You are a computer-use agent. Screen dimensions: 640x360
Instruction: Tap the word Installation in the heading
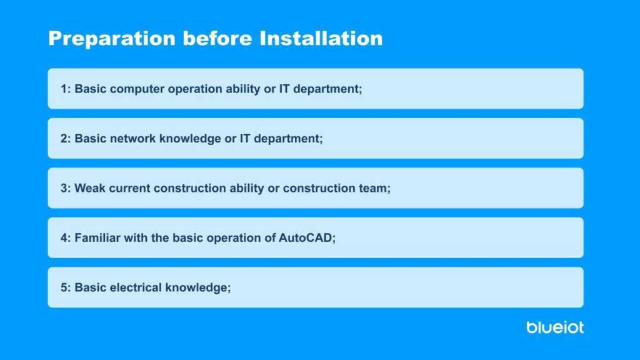[321, 38]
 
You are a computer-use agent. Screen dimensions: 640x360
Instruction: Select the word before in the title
[217, 38]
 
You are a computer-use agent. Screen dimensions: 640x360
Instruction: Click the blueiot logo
[555, 327]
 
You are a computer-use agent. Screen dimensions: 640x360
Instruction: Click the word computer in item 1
[137, 89]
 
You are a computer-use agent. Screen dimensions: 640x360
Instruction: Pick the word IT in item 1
[284, 89]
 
